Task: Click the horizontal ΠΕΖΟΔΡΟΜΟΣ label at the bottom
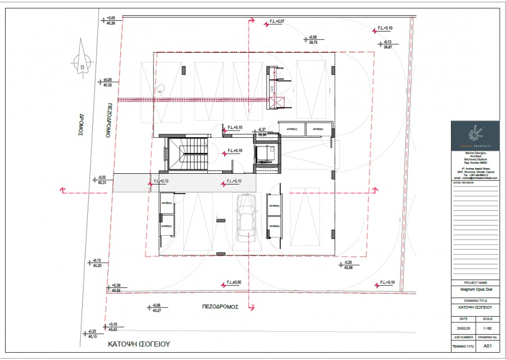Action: click(220, 307)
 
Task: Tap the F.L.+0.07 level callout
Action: click(276, 21)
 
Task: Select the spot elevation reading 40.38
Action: click(110, 23)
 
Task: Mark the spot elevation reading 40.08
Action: click(348, 268)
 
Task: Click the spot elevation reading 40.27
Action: click(156, 310)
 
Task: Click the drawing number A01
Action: click(488, 346)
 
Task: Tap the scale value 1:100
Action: click(487, 327)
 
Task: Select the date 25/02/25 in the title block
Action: click(463, 327)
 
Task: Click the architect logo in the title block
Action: click(475, 133)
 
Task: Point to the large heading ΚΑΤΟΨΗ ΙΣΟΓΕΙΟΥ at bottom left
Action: click(139, 343)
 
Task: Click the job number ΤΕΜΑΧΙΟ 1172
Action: click(463, 346)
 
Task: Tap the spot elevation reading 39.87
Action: click(387, 47)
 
